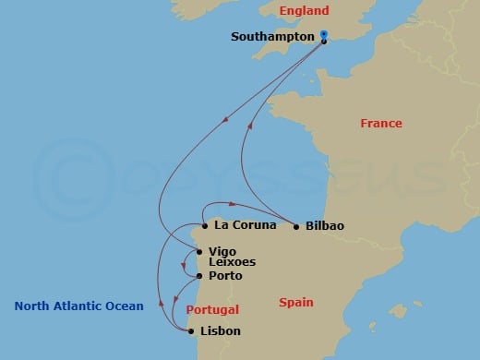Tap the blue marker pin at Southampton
pos(324,35)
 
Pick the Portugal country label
pos(213,309)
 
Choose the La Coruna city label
pos(241,224)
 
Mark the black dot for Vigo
pos(199,250)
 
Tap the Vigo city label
pos(222,250)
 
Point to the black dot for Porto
pos(200,276)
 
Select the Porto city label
pos(225,276)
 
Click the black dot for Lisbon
pos(191,330)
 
